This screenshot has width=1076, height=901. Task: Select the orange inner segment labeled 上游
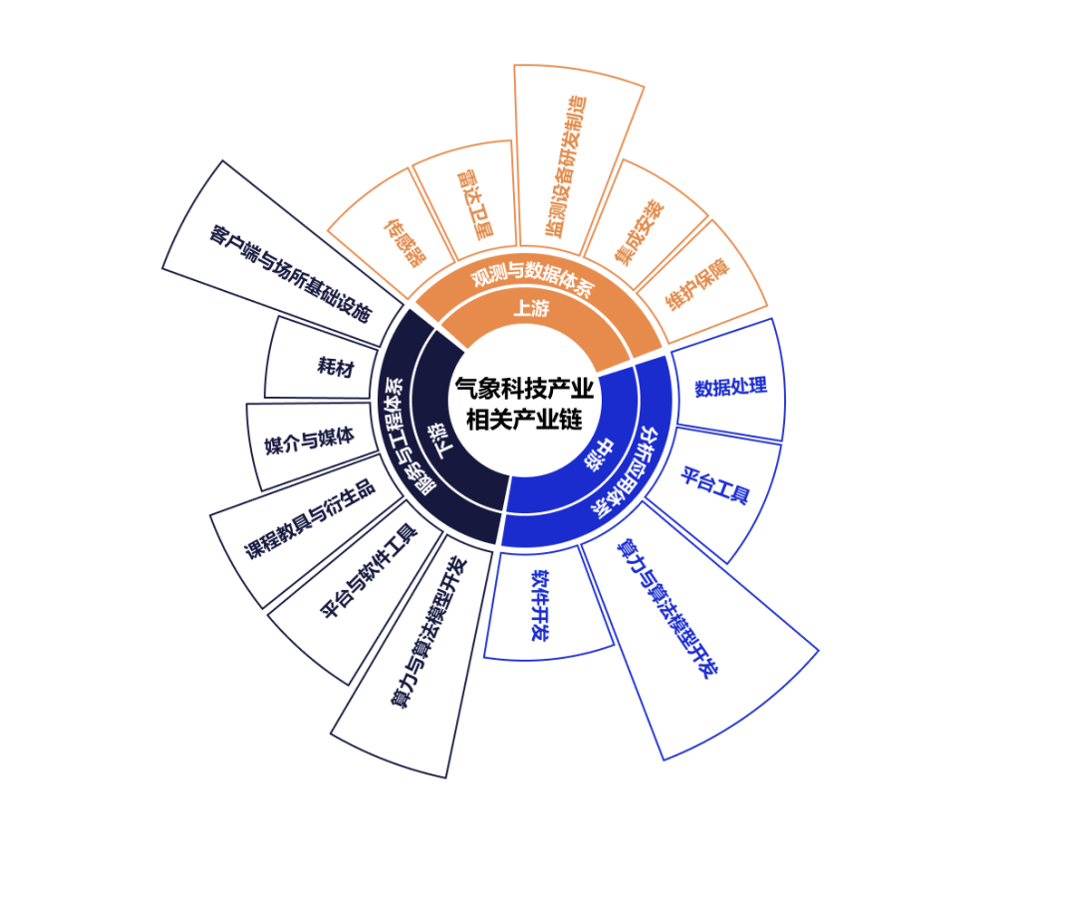pos(531,309)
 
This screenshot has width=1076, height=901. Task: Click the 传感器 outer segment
pos(403,239)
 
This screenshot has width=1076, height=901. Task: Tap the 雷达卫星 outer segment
pos(473,202)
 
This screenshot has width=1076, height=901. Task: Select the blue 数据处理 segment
pos(730,387)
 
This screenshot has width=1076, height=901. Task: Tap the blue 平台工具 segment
pos(714,483)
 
